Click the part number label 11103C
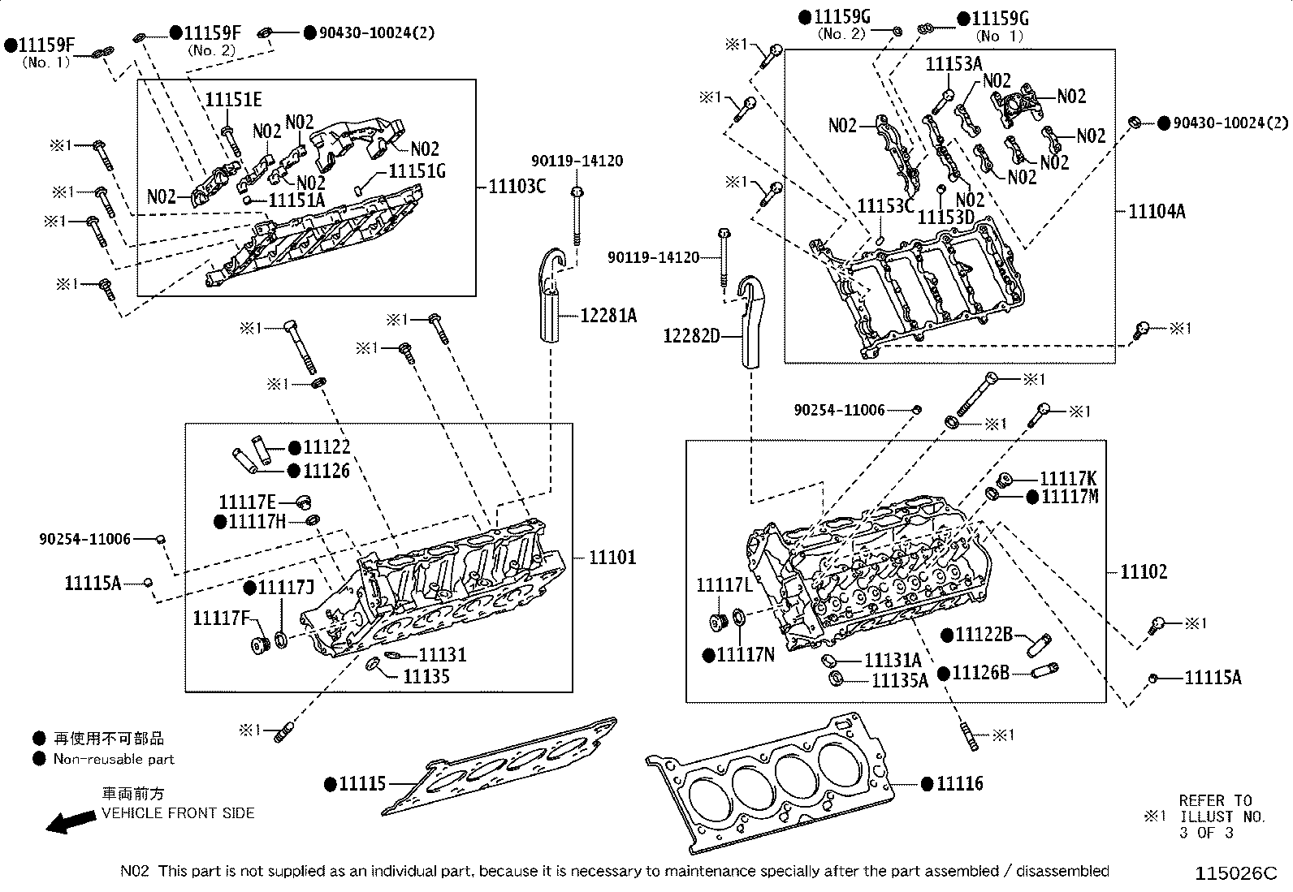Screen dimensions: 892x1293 click(x=517, y=187)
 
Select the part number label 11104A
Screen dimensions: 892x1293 click(x=1157, y=212)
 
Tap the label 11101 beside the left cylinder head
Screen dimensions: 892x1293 click(x=612, y=558)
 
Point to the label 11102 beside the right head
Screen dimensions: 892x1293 click(x=1144, y=572)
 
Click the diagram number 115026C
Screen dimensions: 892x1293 click(x=1235, y=874)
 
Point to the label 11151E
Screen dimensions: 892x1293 click(x=233, y=100)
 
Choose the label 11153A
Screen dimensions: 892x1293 click(x=954, y=64)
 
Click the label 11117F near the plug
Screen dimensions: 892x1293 click(x=220, y=619)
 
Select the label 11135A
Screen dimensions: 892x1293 click(x=899, y=680)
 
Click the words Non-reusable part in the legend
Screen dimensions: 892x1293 click(x=114, y=760)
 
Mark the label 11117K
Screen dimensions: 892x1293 click(x=1068, y=479)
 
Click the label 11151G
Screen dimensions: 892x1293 click(x=417, y=171)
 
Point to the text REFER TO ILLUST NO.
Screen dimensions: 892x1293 click(x=1216, y=809)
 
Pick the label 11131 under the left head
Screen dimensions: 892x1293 click(x=443, y=655)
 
